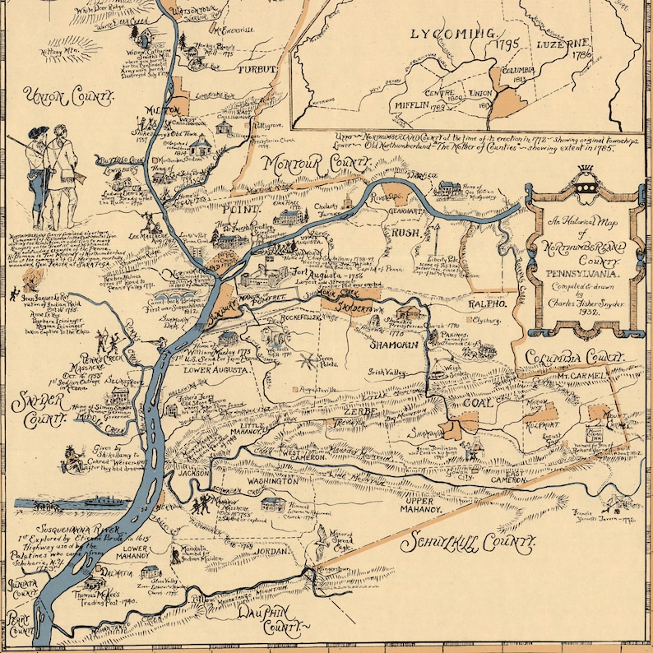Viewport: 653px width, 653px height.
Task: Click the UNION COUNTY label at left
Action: [x=68, y=97]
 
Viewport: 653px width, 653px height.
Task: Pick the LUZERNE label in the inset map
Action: [x=564, y=44]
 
